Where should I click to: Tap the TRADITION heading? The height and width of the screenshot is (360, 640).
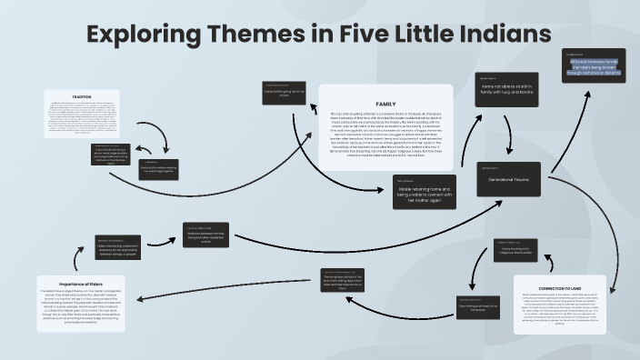coord(82,96)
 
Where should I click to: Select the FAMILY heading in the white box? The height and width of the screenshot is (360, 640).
coord(385,105)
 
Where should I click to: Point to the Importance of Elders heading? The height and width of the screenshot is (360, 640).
coord(82,283)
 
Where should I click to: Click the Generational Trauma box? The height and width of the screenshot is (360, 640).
coord(509,179)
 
